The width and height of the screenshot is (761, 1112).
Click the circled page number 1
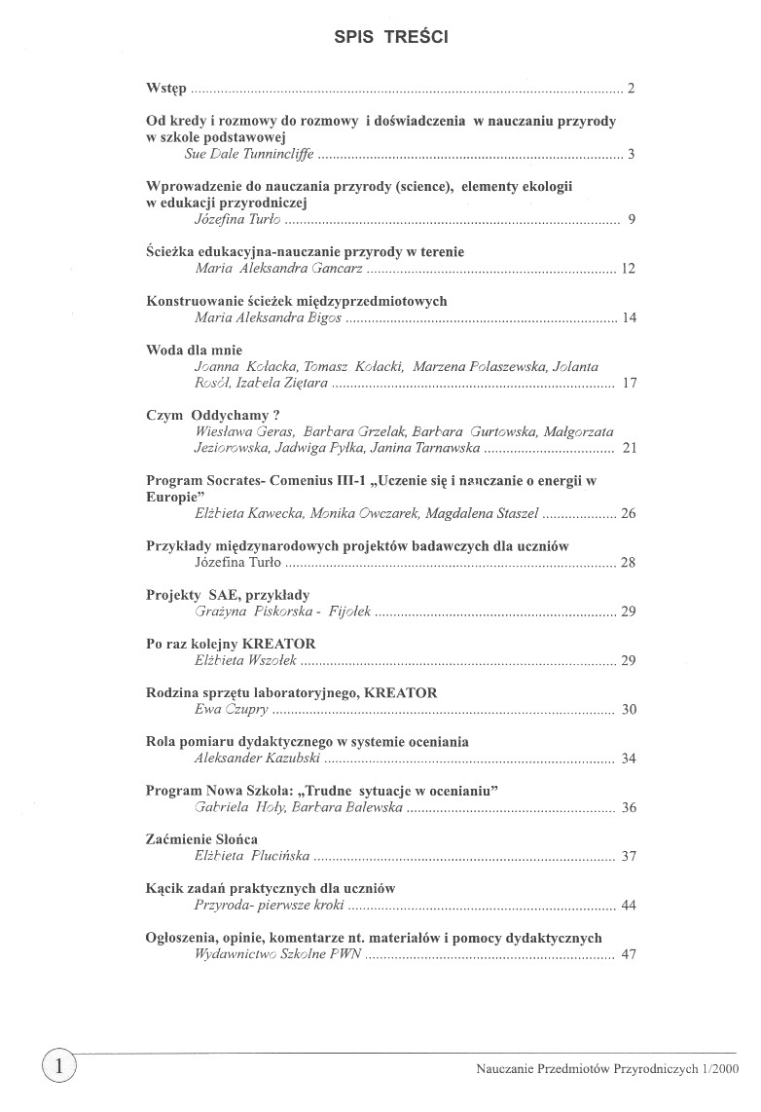point(58,1065)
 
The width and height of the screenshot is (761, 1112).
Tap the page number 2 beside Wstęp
point(631,90)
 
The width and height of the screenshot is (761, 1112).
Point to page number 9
point(631,219)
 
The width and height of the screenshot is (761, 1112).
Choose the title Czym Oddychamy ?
point(199,415)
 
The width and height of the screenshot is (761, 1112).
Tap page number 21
point(628,448)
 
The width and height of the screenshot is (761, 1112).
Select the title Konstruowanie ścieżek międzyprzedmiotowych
point(296,301)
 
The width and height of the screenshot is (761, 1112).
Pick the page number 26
point(628,513)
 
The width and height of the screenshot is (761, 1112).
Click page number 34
point(628,758)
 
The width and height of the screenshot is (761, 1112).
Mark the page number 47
point(628,954)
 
